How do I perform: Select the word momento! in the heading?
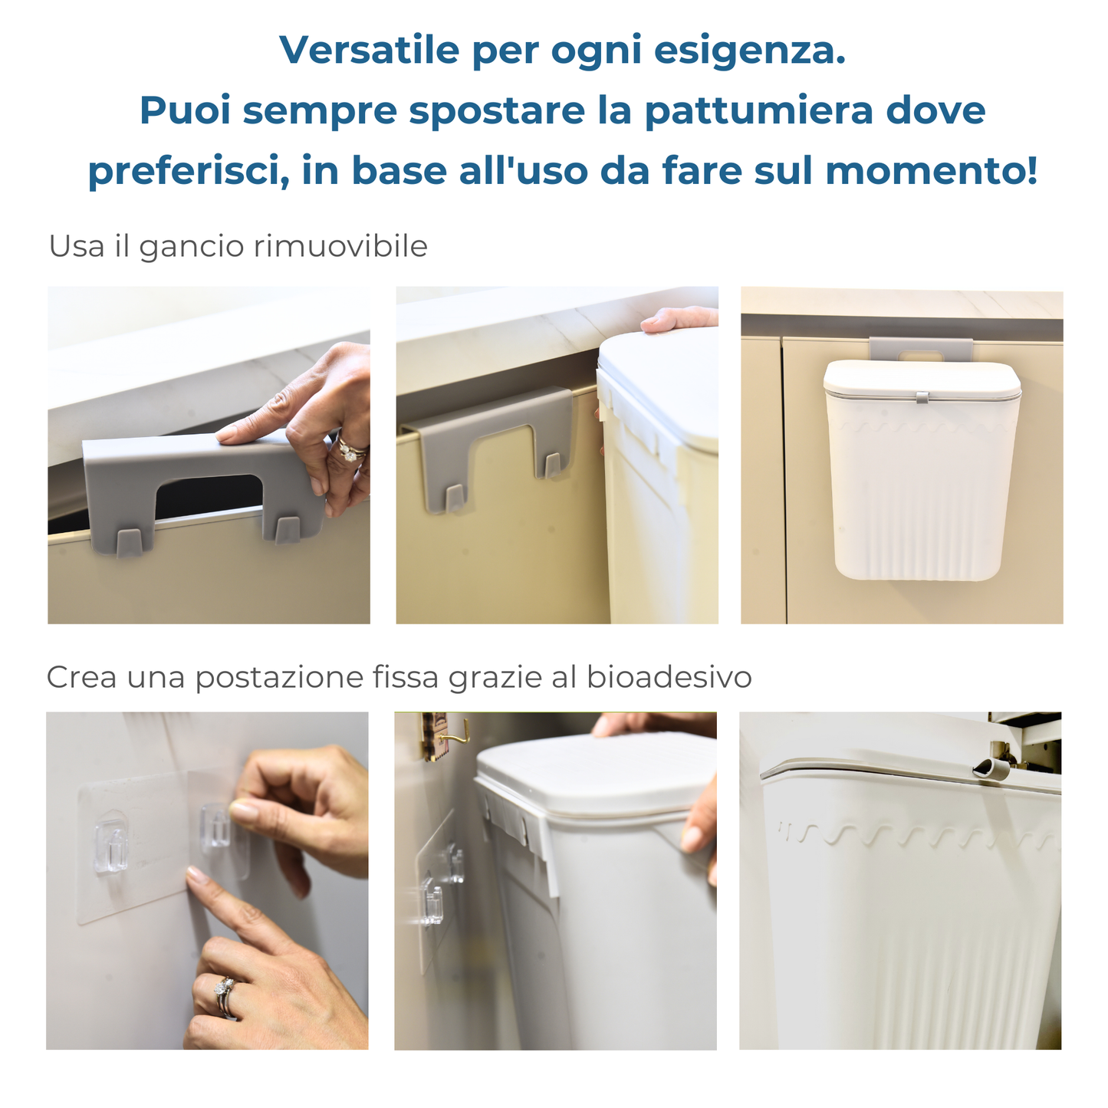click(932, 170)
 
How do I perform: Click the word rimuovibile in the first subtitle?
click(340, 246)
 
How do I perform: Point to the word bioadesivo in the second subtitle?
click(669, 676)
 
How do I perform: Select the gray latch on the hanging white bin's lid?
click(922, 396)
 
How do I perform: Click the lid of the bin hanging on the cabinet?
click(922, 378)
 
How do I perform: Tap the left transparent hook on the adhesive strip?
click(110, 847)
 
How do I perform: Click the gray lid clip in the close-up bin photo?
click(990, 768)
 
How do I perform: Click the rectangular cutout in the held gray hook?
click(209, 495)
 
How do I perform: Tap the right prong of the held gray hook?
click(287, 530)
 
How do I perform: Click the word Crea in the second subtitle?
click(81, 677)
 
